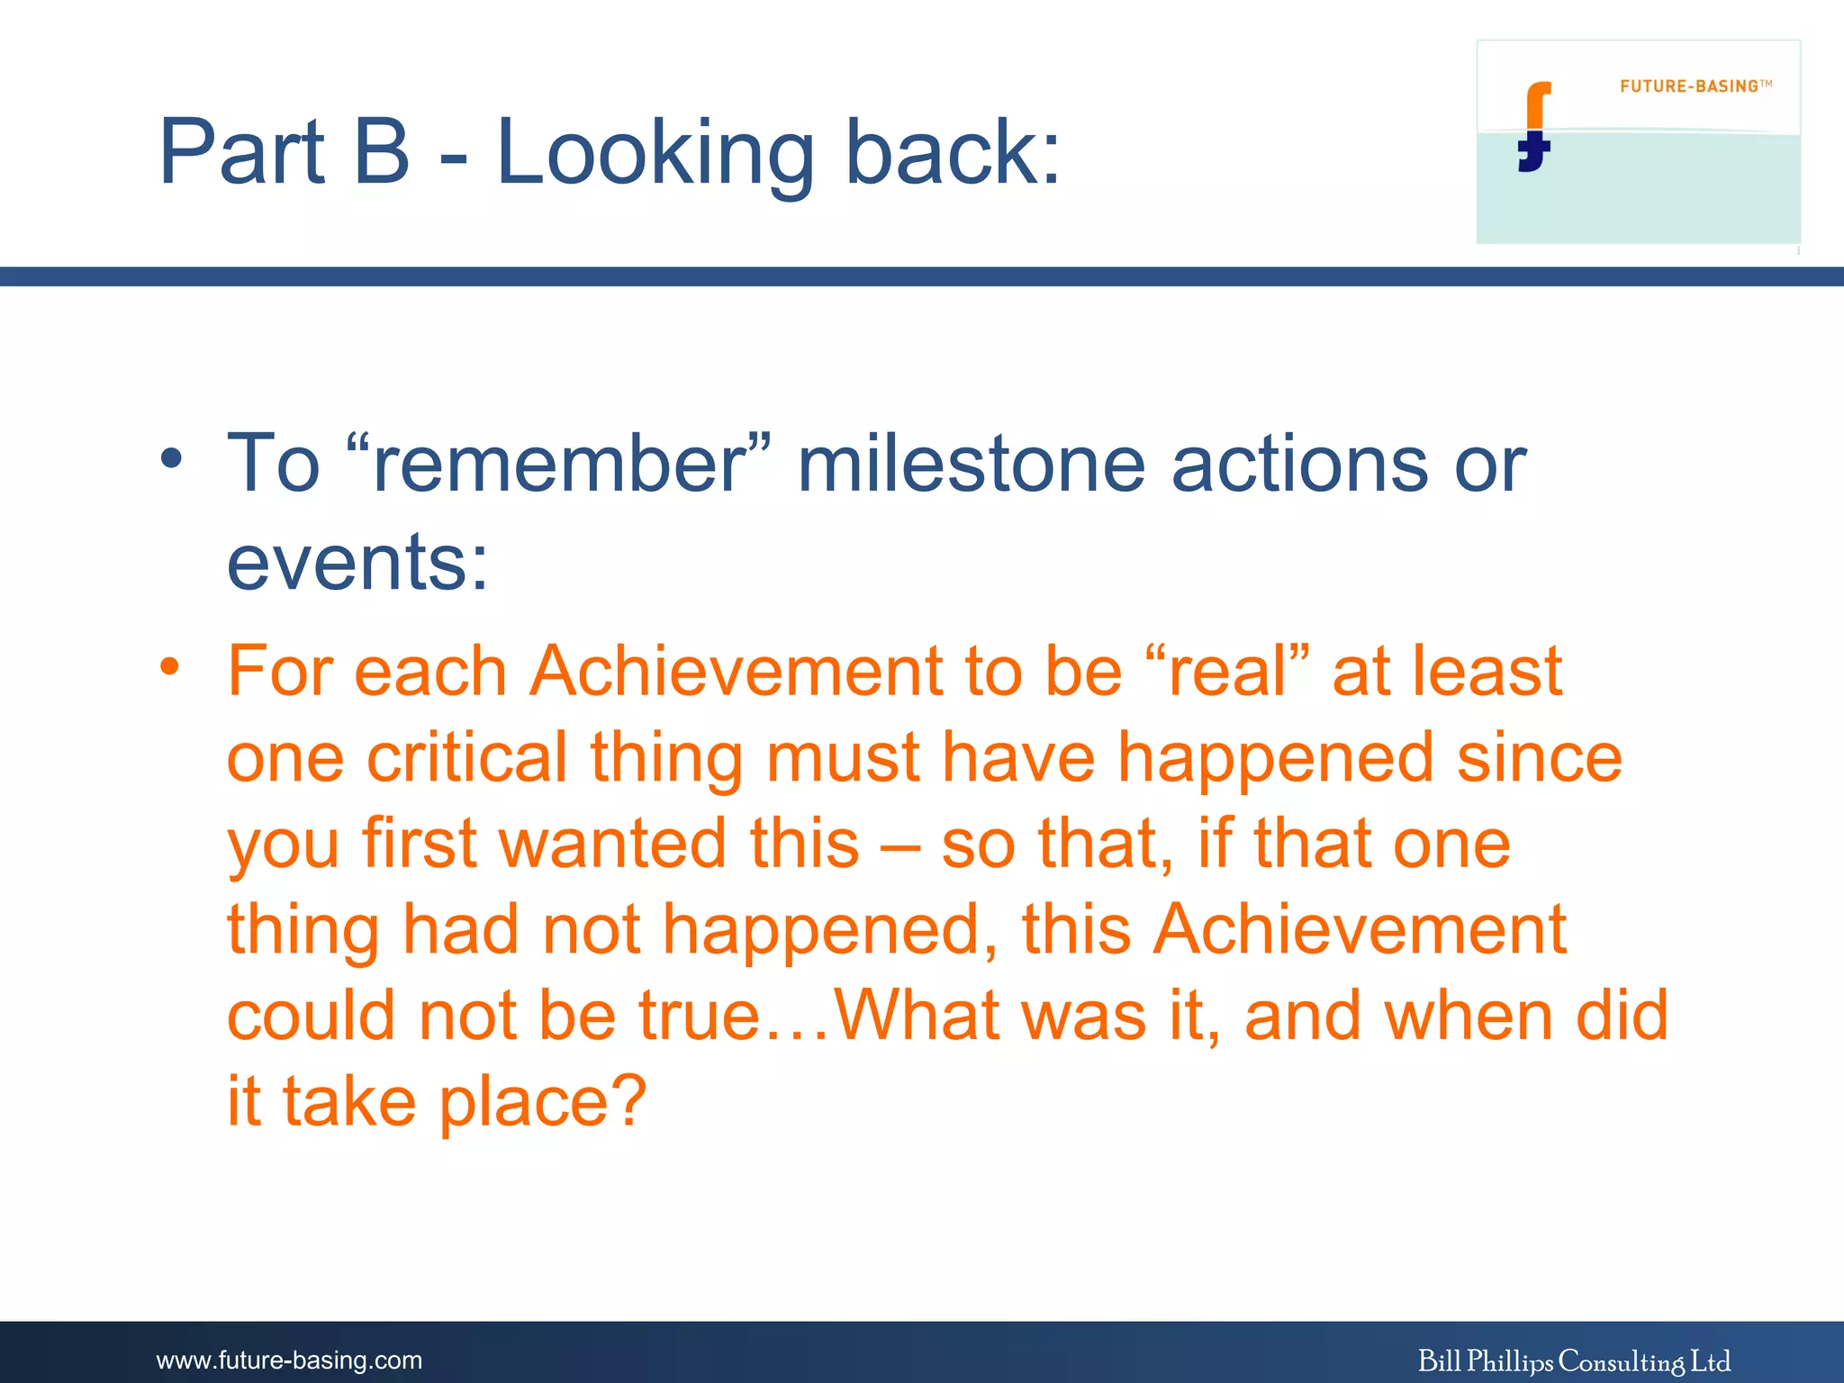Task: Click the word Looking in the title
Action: (655, 153)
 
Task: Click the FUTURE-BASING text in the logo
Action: (1689, 86)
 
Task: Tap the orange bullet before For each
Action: (171, 667)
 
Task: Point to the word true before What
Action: (699, 1015)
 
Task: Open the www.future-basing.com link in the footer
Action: (289, 1360)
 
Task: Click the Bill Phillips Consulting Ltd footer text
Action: (1574, 1360)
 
